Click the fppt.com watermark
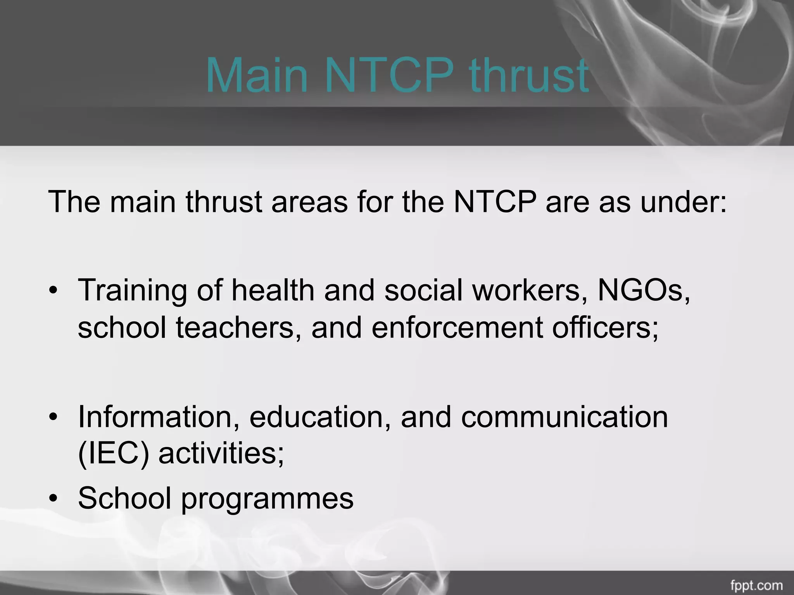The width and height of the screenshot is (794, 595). pyautogui.click(x=762, y=585)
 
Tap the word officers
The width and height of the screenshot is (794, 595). pyautogui.click(x=605, y=327)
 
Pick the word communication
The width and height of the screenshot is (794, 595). pyautogui.click(x=564, y=417)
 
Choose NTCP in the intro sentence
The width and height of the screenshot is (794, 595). pyautogui.click(x=495, y=202)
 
